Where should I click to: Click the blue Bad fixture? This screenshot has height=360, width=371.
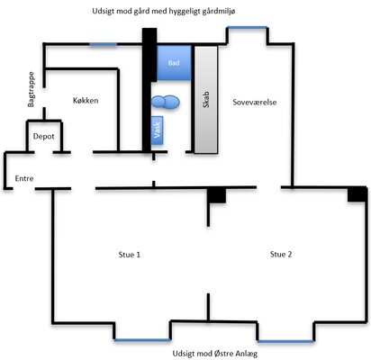174,63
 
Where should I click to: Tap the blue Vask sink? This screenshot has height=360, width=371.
157,130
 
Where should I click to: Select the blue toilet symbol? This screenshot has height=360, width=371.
165,102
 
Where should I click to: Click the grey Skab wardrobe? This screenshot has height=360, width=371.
206,100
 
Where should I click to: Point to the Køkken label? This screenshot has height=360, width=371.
86,101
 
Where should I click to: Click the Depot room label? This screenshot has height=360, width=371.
44,137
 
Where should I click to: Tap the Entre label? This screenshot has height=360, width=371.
24,178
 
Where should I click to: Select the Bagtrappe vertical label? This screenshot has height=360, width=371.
31,89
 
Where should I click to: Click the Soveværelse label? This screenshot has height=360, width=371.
255,103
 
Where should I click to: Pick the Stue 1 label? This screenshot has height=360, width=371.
130,255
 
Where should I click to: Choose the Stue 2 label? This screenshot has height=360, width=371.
281,255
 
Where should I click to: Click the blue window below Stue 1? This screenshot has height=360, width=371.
142,340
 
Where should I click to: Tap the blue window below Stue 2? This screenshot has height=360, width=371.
285,341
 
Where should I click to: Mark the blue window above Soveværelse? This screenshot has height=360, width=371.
248,28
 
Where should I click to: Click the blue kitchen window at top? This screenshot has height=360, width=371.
103,44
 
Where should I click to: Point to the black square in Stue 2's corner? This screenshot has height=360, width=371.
357,194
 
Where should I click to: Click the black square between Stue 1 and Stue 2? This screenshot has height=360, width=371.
216,195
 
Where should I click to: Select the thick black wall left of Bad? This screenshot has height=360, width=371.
149,90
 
